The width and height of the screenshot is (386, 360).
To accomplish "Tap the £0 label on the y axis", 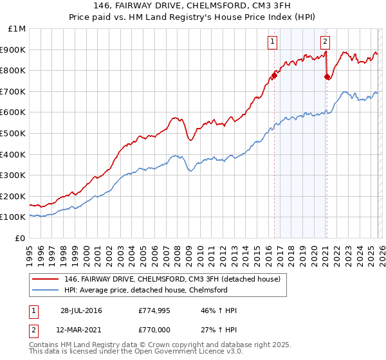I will point(21,238).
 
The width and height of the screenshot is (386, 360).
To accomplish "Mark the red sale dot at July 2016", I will point(274,75).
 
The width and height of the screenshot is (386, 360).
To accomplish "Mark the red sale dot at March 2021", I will point(327,76).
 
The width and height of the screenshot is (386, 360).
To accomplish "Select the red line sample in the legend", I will point(46,279).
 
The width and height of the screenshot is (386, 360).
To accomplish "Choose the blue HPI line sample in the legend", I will point(46,290).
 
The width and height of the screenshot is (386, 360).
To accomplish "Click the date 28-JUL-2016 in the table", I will point(81,310).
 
